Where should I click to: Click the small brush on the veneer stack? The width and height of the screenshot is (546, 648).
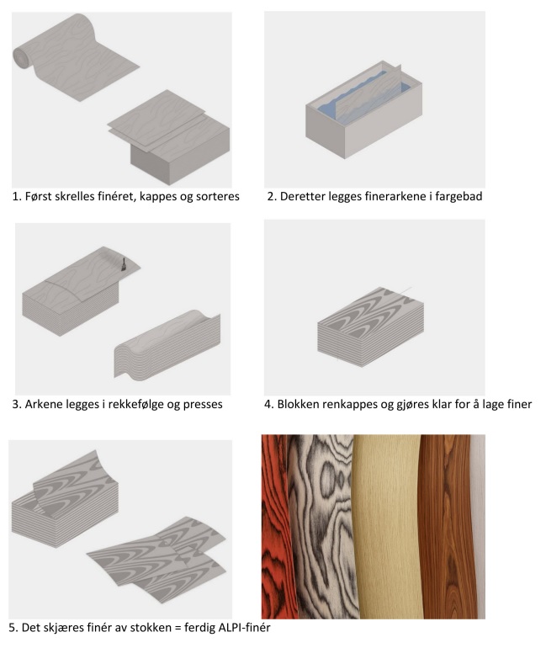123,265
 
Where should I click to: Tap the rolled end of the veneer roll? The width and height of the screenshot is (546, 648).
20,56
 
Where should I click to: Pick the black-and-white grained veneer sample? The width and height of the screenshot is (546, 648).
323,526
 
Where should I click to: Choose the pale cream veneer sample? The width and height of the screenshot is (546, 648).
388,526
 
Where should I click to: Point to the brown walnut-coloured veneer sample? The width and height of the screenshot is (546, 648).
446,526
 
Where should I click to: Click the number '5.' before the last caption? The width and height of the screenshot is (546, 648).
13,627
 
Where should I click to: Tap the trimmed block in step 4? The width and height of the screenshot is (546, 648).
370,327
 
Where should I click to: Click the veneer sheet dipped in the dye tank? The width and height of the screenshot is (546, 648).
368,94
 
